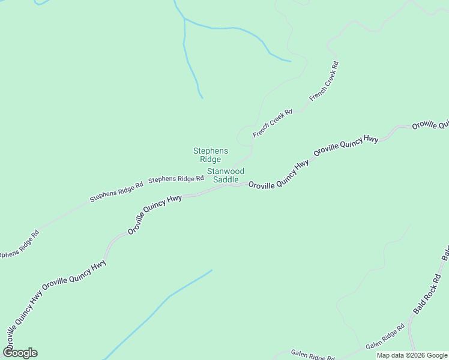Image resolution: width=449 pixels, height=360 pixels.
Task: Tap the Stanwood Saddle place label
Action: pyautogui.click(x=226, y=175)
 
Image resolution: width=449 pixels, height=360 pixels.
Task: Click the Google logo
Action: pyautogui.click(x=20, y=353)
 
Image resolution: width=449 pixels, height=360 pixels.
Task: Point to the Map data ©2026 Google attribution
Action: pyautogui.click(x=411, y=355)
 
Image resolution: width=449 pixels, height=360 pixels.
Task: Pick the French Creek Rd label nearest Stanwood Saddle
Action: pyautogui.click(x=273, y=123)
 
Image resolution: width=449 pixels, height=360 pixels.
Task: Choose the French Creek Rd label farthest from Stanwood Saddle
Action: pyautogui.click(x=325, y=80)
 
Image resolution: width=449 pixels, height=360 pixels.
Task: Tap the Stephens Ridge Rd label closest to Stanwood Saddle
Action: pyautogui.click(x=176, y=179)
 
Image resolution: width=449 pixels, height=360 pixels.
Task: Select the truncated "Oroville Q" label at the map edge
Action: pyautogui.click(x=430, y=125)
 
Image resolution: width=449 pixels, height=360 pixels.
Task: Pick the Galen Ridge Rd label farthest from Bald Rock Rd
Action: pyautogui.click(x=312, y=355)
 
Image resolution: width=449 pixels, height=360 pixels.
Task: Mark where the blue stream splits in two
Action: pyautogui.click(x=185, y=20)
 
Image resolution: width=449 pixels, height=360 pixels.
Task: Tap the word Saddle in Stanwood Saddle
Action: pyautogui.click(x=226, y=180)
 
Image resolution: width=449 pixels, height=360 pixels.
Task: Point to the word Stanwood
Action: pyautogui.click(x=226, y=171)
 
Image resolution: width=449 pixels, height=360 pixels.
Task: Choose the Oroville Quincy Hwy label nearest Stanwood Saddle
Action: pyautogui.click(x=279, y=175)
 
